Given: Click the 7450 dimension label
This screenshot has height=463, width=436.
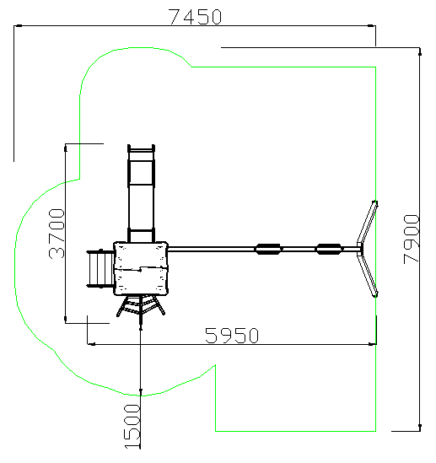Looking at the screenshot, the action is pyautogui.click(x=195, y=17).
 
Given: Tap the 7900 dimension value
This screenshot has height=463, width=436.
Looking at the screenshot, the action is pyautogui.click(x=412, y=239).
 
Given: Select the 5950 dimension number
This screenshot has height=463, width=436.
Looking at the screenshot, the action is pyautogui.click(x=232, y=336).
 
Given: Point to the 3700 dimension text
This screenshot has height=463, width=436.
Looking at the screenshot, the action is pyautogui.click(x=57, y=234).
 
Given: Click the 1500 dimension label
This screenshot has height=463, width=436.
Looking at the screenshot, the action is pyautogui.click(x=132, y=427).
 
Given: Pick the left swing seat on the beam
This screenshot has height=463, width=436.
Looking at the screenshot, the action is pyautogui.click(x=268, y=249).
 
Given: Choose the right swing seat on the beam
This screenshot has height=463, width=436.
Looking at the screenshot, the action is pyautogui.click(x=329, y=249).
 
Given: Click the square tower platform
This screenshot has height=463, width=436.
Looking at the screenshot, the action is pyautogui.click(x=141, y=268).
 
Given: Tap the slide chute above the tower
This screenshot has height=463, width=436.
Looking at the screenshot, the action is pyautogui.click(x=141, y=193).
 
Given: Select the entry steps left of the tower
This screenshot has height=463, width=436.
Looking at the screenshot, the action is pyautogui.click(x=100, y=268).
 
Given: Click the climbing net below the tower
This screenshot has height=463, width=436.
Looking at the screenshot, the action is pyautogui.click(x=141, y=307).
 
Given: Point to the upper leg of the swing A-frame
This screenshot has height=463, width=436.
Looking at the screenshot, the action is pyautogui.click(x=367, y=223).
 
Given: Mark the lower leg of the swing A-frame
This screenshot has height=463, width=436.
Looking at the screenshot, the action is pyautogui.click(x=368, y=276).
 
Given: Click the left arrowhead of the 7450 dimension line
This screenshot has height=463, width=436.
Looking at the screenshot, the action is pyautogui.click(x=18, y=25).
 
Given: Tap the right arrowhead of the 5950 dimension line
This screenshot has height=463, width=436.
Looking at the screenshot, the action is pyautogui.click(x=372, y=344).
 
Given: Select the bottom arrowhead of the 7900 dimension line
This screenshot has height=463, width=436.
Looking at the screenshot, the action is pyautogui.click(x=420, y=428).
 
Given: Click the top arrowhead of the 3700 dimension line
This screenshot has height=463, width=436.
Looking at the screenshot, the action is pyautogui.click(x=65, y=148).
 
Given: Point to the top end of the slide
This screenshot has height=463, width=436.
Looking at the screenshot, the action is pyautogui.click(x=141, y=145).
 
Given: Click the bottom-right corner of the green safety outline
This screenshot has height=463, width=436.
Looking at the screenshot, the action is pyautogui.click(x=375, y=431).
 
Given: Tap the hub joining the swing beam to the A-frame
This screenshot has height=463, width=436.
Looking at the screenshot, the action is pyautogui.click(x=359, y=249).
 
